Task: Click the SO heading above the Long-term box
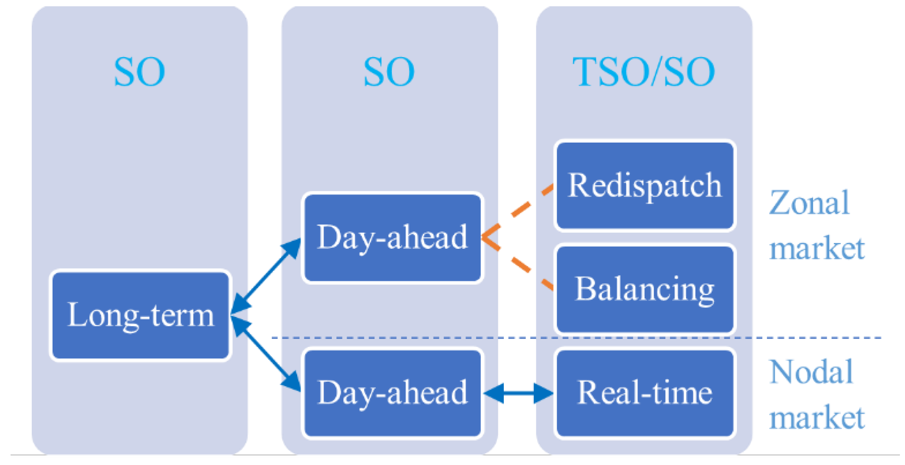click(x=139, y=72)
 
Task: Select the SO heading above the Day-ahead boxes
click(x=389, y=72)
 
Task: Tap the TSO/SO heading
click(x=643, y=72)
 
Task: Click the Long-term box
click(x=141, y=315)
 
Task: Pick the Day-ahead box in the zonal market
click(x=392, y=237)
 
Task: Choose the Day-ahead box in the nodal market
click(x=392, y=393)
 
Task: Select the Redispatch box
click(x=644, y=185)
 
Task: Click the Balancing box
click(x=644, y=289)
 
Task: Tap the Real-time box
click(x=644, y=393)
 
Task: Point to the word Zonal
click(x=809, y=203)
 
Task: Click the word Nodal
click(x=811, y=372)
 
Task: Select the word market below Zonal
click(x=817, y=248)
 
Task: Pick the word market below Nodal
click(x=817, y=418)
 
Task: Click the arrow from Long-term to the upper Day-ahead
click(x=266, y=276)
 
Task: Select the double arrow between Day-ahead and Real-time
click(x=518, y=393)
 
